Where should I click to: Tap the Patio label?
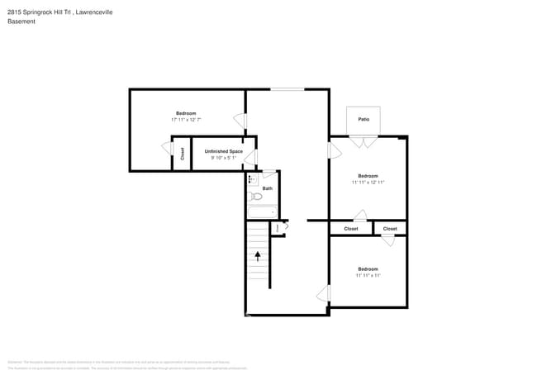[364, 120]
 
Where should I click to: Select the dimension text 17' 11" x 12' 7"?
[185, 120]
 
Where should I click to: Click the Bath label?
[268, 188]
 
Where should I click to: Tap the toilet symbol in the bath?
[256, 197]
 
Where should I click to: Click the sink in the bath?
[252, 178]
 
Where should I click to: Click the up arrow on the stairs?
[258, 255]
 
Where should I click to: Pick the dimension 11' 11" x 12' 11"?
[368, 182]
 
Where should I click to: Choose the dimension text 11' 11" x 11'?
[368, 275]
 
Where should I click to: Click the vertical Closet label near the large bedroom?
[183, 154]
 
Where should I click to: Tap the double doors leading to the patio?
[363, 141]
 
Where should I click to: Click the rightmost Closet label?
[390, 229]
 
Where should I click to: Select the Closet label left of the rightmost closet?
[351, 229]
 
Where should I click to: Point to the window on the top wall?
[287, 89]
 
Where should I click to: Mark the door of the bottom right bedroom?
[324, 294]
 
